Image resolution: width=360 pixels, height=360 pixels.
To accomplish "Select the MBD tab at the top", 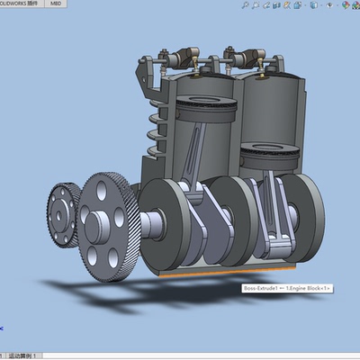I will [x=56, y=4].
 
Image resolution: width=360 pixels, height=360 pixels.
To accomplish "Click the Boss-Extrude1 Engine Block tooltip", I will [x=286, y=288].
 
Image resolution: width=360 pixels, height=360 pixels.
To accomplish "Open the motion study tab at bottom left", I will [x=22, y=355].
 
